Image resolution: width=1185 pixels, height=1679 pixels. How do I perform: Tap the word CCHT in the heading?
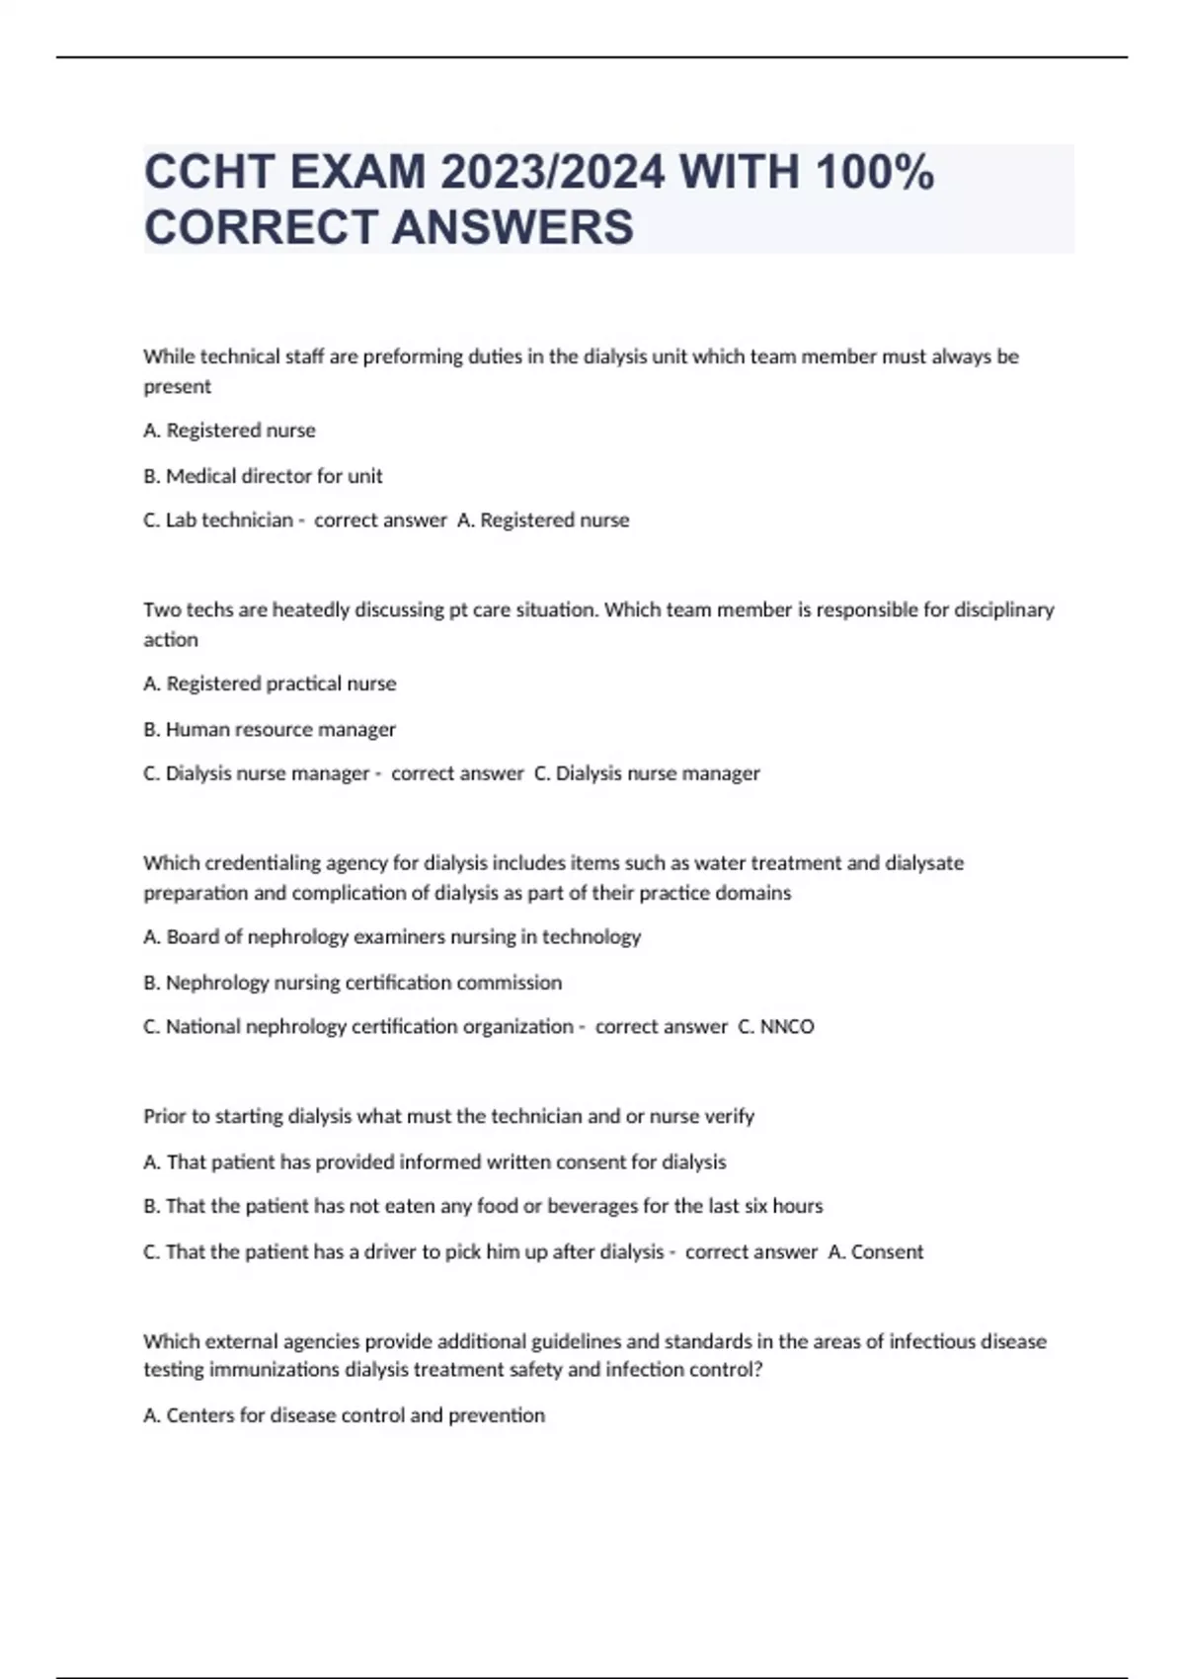pyautogui.click(x=208, y=173)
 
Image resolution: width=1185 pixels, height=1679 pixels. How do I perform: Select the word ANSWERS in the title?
pyautogui.click(x=513, y=227)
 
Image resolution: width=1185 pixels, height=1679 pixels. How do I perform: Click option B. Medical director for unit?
pyautogui.click(x=263, y=476)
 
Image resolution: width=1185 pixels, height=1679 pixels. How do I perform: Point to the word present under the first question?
pyautogui.click(x=177, y=386)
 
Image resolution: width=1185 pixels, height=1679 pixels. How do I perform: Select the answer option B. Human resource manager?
pyautogui.click(x=269, y=729)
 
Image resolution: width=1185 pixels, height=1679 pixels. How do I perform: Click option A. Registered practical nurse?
pyautogui.click(x=269, y=683)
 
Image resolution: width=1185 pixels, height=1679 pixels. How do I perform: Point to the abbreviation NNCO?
pyautogui.click(x=787, y=1026)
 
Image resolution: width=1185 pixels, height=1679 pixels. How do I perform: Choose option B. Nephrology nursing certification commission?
pyautogui.click(x=352, y=982)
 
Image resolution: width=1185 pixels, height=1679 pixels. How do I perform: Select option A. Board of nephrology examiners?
pyautogui.click(x=391, y=936)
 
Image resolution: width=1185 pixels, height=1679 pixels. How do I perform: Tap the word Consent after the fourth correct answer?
pyautogui.click(x=887, y=1251)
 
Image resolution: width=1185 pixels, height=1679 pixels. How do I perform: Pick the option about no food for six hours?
pyautogui.click(x=483, y=1206)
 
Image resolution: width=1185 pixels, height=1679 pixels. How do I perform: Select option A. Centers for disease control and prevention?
pyautogui.click(x=344, y=1415)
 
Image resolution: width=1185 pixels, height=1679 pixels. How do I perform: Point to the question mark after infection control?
pyautogui.click(x=758, y=1370)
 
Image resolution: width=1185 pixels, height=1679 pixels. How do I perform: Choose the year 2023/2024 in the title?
pyautogui.click(x=553, y=173)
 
